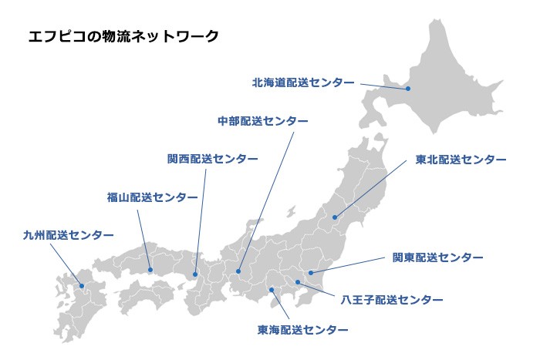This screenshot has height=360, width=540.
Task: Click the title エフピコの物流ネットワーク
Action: coord(123,35)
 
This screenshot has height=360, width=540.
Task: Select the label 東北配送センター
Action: coord(461,160)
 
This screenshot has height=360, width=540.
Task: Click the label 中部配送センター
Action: coord(262,122)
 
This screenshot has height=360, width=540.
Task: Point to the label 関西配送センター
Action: coord(212,158)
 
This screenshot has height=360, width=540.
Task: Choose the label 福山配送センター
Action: coord(152,197)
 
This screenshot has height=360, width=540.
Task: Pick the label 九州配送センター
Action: coord(68,234)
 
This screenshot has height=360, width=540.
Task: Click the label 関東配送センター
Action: coord(437,257)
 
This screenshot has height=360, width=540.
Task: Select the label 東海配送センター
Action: coord(302,329)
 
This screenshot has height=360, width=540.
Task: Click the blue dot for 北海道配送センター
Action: coord(408,89)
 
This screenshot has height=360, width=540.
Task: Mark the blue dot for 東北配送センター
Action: coord(335,217)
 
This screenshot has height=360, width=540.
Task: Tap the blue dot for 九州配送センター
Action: coord(82,285)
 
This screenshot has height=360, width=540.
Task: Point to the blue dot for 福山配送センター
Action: coord(150,270)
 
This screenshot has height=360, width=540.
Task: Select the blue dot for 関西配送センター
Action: coord(196,274)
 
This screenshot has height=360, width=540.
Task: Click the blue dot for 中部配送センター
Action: coord(239,271)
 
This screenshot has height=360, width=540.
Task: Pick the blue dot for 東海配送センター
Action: coord(272,289)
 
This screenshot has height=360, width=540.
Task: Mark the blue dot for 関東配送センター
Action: coord(309,271)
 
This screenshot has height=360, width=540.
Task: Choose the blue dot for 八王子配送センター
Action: coord(298,283)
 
